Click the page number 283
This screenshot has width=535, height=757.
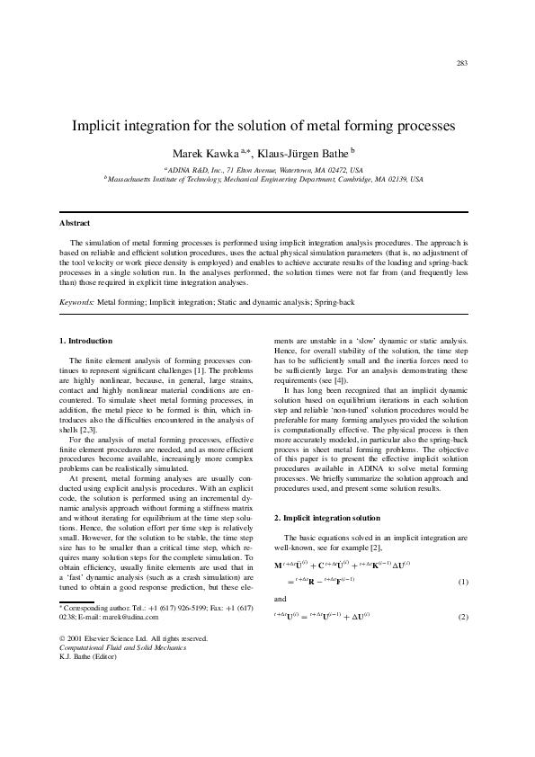click(462, 63)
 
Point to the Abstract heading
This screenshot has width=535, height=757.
click(75, 222)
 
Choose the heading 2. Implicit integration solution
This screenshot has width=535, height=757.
click(327, 519)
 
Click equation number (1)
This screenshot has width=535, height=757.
click(464, 583)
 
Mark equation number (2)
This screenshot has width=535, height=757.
click(464, 617)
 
